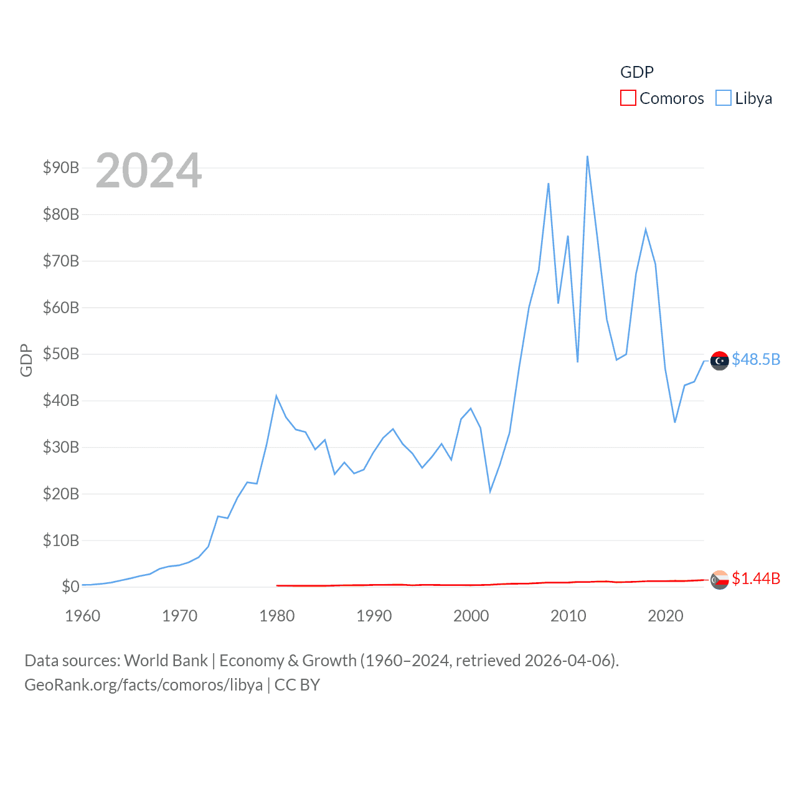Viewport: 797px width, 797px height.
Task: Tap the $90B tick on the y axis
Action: pyautogui.click(x=61, y=167)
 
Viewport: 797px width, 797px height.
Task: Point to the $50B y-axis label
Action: pyautogui.click(x=61, y=354)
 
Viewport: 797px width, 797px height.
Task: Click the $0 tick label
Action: pyautogui.click(x=70, y=587)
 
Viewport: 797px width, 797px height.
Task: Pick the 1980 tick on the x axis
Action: pyautogui.click(x=277, y=616)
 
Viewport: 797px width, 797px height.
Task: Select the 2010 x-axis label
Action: pyautogui.click(x=568, y=616)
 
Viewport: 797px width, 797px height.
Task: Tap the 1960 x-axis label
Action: pyautogui.click(x=83, y=616)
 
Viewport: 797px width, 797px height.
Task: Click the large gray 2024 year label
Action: pyautogui.click(x=149, y=171)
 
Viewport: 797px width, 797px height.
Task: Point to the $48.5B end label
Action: pyautogui.click(x=756, y=359)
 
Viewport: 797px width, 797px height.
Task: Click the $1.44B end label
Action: pyautogui.click(x=756, y=578)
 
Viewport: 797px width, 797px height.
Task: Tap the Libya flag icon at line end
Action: pyautogui.click(x=720, y=361)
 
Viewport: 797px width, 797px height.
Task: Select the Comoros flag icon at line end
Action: pyautogui.click(x=720, y=580)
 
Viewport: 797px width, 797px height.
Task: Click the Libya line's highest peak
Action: pyautogui.click(x=587, y=156)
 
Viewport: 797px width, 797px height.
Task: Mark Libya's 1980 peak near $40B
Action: pyautogui.click(x=276, y=396)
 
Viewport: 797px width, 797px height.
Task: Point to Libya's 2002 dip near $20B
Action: pyautogui.click(x=490, y=492)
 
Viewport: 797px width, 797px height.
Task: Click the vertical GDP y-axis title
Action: pyautogui.click(x=26, y=360)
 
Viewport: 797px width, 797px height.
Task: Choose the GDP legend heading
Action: pyautogui.click(x=637, y=72)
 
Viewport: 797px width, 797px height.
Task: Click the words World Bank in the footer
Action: pyautogui.click(x=166, y=660)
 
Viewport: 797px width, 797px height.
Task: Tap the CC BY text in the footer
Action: pyautogui.click(x=297, y=685)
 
